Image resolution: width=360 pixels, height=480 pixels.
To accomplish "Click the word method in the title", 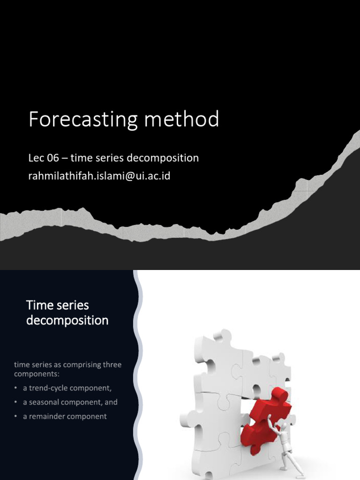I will [181, 120].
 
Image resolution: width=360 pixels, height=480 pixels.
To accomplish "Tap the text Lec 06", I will [44, 158].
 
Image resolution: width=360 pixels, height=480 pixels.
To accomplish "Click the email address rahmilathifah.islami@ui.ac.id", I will [99, 176].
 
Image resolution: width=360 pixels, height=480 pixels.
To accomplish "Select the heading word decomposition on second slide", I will [67, 321].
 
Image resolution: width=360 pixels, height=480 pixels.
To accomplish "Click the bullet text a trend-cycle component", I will [67, 388].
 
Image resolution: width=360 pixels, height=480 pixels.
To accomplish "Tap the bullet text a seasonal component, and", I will [70, 402].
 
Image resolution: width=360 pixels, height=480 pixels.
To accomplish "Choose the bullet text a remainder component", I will [65, 416].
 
